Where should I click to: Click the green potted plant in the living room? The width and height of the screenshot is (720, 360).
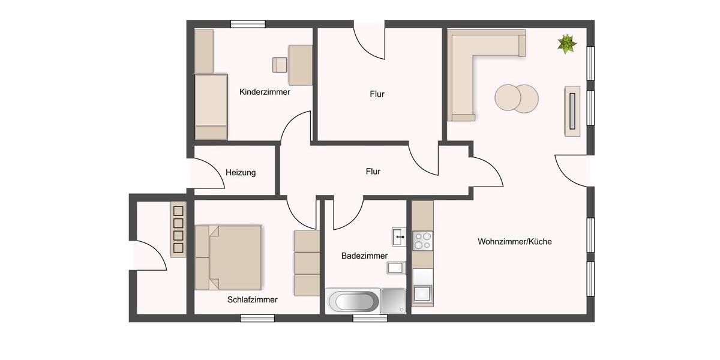pos(566,44)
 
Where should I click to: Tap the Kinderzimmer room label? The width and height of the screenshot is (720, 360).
pos(265,92)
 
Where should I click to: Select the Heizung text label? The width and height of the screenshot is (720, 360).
pos(241,173)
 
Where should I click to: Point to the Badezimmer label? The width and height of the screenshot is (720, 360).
pos(364,256)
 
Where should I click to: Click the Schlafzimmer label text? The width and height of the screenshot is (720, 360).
pos(252,299)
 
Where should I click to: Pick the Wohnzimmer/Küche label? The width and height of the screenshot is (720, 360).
pos(514,242)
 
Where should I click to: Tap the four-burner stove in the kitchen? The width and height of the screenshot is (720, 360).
pos(422,241)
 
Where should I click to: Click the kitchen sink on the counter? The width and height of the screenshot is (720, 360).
pos(422,293)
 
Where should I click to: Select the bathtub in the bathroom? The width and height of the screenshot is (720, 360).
pos(353,301)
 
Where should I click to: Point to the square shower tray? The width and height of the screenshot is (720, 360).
pos(393,300)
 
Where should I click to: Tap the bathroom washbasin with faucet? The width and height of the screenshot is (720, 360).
pos(399,237)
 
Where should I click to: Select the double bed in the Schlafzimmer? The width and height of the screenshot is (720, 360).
pos(229,257)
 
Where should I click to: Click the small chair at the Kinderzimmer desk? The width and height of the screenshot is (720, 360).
pos(280,65)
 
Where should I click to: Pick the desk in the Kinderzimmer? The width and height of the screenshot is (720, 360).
pos(300,65)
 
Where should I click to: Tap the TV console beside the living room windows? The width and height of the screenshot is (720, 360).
pos(572,111)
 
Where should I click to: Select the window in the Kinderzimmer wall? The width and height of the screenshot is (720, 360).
pos(248,24)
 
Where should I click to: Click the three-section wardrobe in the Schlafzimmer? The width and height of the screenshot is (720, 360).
pos(307,263)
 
